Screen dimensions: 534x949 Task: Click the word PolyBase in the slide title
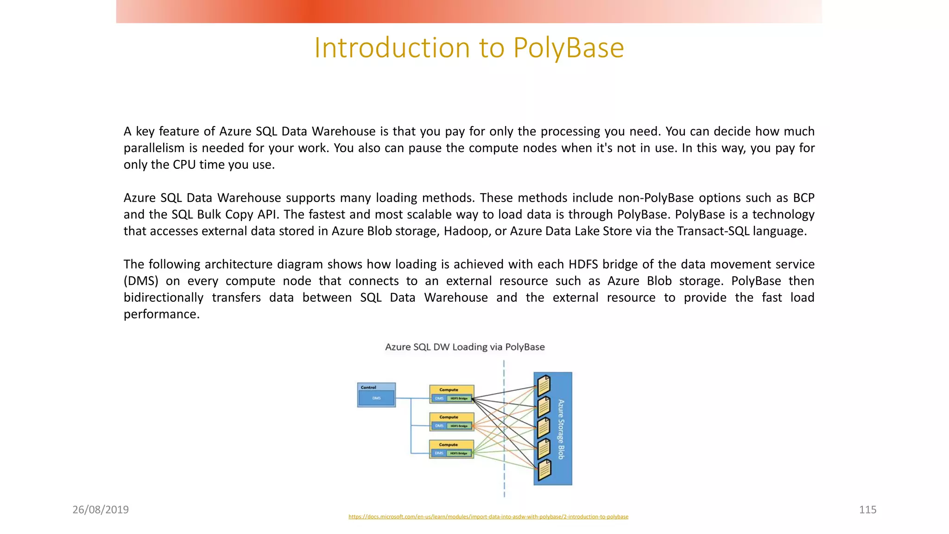point(569,48)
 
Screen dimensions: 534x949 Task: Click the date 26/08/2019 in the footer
point(101,509)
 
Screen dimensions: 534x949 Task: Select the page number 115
point(867,509)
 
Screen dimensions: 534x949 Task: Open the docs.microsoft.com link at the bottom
point(488,516)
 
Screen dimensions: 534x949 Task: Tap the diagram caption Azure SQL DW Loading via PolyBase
point(465,347)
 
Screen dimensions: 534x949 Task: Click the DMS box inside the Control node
point(376,398)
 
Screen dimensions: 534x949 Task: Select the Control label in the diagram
point(368,388)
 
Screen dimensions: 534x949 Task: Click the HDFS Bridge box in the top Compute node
point(459,399)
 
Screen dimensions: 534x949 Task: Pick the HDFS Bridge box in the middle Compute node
point(459,426)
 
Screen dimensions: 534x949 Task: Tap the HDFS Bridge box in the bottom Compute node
point(459,453)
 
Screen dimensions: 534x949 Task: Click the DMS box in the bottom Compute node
point(438,453)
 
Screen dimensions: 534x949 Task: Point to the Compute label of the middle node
point(449,417)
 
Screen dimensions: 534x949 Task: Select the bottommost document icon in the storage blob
point(544,470)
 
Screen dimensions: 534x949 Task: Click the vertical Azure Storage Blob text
point(561,429)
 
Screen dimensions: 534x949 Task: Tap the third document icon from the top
point(544,428)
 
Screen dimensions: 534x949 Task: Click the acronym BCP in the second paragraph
point(803,198)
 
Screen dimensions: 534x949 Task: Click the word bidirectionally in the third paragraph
point(164,298)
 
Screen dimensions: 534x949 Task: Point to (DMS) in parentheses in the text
point(141,281)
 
